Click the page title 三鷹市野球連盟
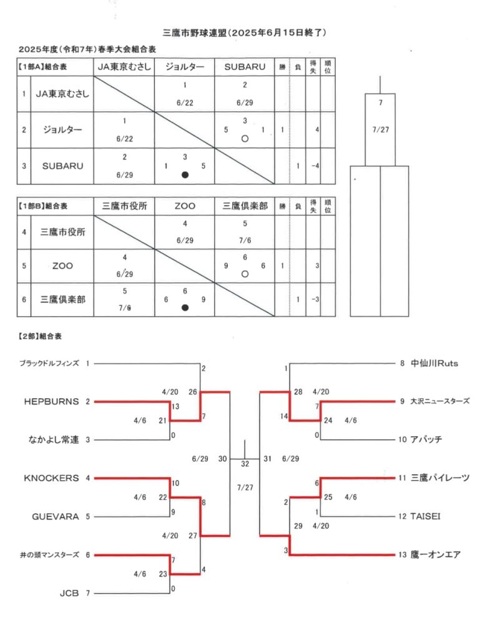tap(194, 32)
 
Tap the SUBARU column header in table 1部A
tap(245, 67)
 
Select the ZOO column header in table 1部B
tap(185, 206)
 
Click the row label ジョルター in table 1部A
tap(62, 130)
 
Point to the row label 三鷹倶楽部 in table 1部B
tap(62, 299)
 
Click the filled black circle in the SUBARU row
tap(185, 175)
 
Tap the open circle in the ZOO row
tap(245, 274)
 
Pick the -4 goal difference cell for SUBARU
tap(315, 166)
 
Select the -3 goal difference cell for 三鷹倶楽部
tap(315, 299)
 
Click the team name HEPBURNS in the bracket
tap(51, 402)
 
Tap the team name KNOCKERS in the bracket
tap(51, 478)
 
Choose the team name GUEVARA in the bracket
tap(56, 517)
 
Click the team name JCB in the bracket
tap(69, 593)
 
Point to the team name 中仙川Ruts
tap(434, 363)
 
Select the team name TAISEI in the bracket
tap(425, 516)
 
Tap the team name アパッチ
tap(426, 439)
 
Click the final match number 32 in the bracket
tap(245, 464)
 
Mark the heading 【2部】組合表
tap(40, 336)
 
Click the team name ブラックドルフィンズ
tap(49, 363)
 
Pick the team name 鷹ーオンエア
tap(435, 555)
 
